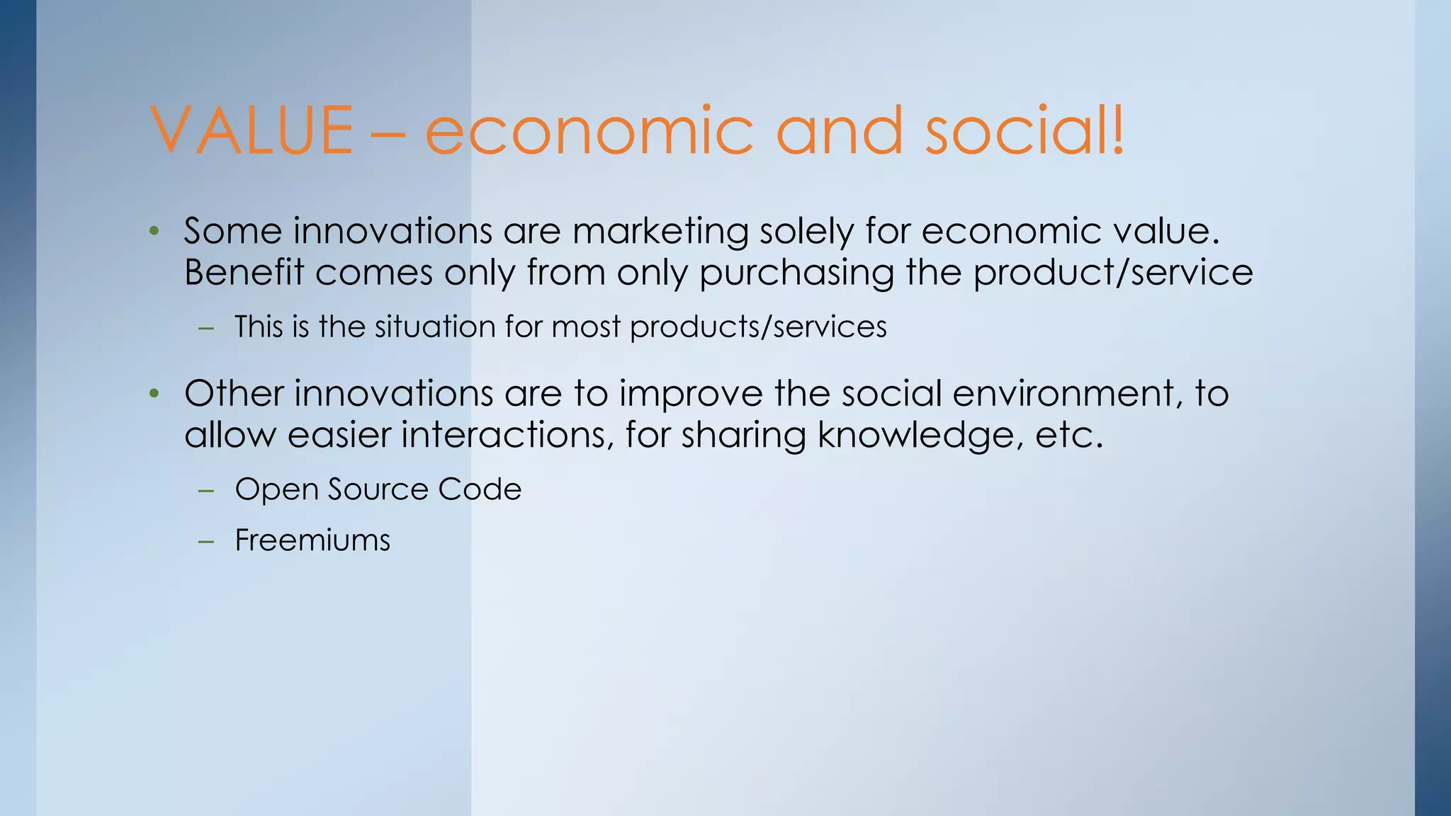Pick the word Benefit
coord(244,273)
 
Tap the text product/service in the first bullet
coord(1113,273)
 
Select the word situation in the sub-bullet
coord(435,327)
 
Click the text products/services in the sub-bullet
coord(758,327)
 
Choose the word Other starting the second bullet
coord(234,393)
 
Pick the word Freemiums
coord(312,540)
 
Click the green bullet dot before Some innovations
coord(154,231)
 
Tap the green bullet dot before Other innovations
coord(154,393)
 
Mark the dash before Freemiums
coord(206,541)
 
